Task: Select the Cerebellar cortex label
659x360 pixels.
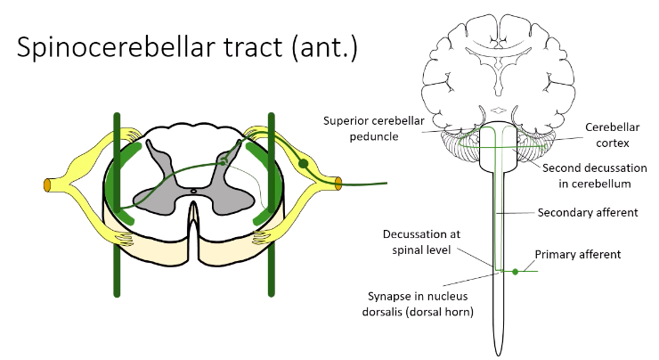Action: point(613,135)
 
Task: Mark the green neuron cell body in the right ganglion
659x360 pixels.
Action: point(304,164)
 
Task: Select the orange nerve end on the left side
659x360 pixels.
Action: point(47,184)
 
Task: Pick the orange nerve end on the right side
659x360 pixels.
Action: point(338,184)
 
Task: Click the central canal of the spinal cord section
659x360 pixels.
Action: point(194,190)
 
